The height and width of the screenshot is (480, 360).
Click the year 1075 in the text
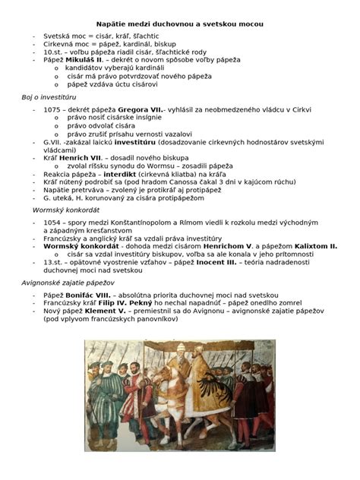click(x=53, y=110)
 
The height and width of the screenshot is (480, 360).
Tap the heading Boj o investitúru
click(x=52, y=98)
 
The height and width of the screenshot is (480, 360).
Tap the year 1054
click(x=53, y=222)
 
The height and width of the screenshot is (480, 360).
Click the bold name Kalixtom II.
click(x=312, y=246)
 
